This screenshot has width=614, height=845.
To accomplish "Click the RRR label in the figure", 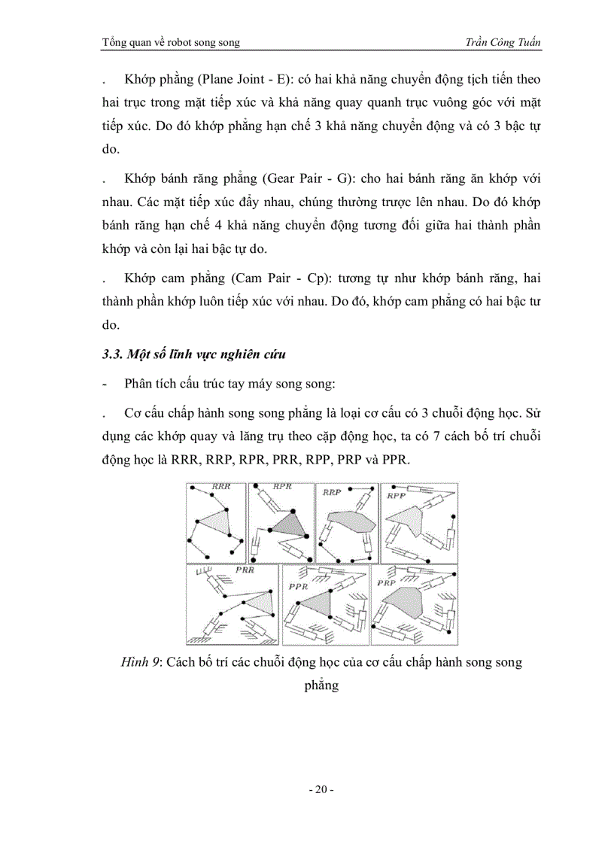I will pyautogui.click(x=220, y=488).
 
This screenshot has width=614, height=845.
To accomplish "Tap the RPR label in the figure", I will pyautogui.click(x=282, y=488).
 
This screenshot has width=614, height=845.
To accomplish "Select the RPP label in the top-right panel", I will pyautogui.click(x=396, y=497).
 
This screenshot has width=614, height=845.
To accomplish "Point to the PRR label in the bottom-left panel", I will pyautogui.click(x=245, y=570).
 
